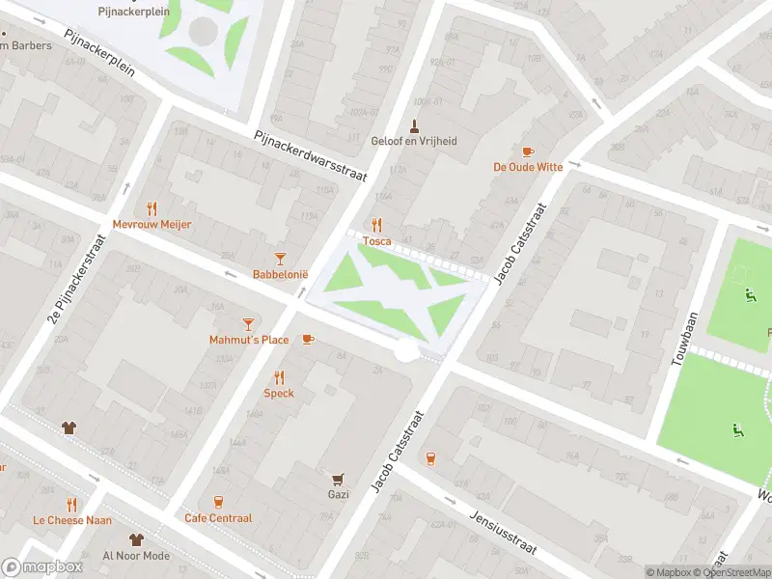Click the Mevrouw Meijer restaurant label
152,224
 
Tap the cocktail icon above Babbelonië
280,259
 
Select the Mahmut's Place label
249,340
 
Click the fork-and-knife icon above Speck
279,377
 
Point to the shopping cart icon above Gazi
338,479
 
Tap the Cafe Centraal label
218,518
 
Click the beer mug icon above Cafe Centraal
218,502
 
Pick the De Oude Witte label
527,167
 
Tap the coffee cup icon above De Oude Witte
527,152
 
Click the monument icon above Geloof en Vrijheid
415,125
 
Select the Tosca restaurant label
376,241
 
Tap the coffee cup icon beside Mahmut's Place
308,339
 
